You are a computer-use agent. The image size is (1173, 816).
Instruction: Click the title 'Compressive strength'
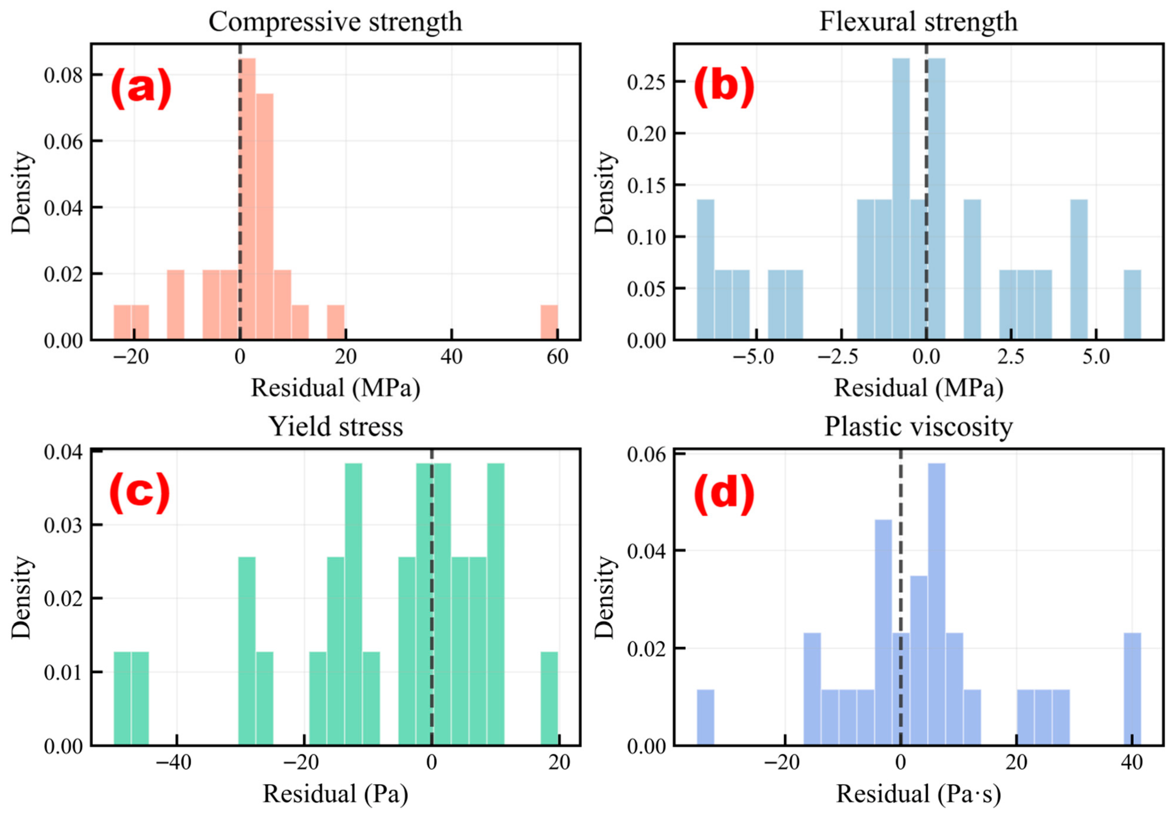[x=335, y=22]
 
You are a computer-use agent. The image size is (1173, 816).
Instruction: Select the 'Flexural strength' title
[x=918, y=22]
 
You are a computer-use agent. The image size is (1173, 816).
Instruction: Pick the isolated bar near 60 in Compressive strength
[x=549, y=322]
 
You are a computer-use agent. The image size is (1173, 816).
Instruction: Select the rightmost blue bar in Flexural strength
[x=1132, y=305]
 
